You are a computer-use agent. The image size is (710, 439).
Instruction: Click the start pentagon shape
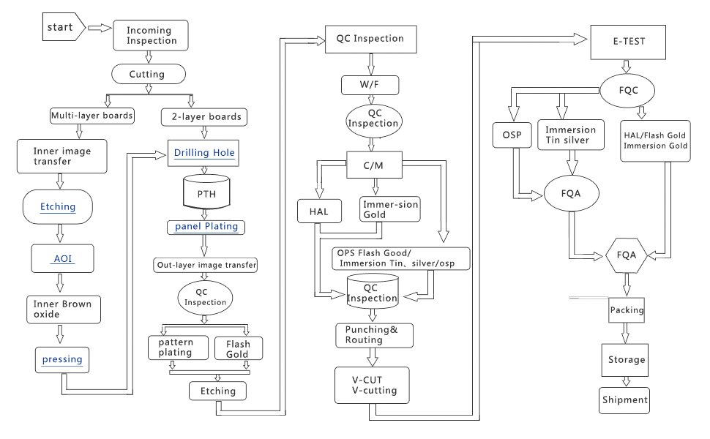[x=61, y=28]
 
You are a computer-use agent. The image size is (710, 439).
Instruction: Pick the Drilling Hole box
[x=204, y=154]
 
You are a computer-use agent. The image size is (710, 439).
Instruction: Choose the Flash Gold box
[x=238, y=349]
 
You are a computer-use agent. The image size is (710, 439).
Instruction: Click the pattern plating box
[x=172, y=348]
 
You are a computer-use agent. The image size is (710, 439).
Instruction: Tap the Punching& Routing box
[x=374, y=335]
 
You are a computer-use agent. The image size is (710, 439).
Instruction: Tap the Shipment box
[x=624, y=400]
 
